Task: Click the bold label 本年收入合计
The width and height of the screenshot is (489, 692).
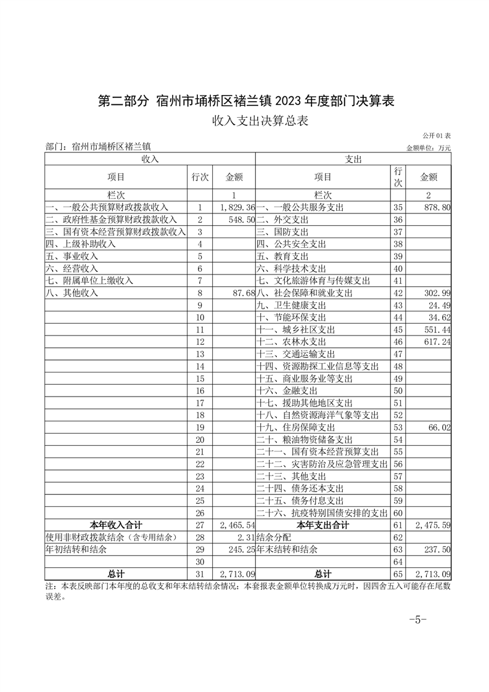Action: pyautogui.click(x=116, y=525)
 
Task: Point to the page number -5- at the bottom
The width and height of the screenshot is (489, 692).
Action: pyautogui.click(x=417, y=620)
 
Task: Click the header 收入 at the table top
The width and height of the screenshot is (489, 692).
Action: pyautogui.click(x=150, y=159)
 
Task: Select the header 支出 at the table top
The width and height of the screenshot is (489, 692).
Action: pyautogui.click(x=353, y=159)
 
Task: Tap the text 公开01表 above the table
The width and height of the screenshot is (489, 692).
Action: pyautogui.click(x=437, y=136)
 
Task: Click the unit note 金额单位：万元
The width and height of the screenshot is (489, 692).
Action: pyautogui.click(x=429, y=148)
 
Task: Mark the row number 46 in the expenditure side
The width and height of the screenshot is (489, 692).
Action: pyautogui.click(x=398, y=342)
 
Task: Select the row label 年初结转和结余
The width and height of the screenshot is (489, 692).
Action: pyautogui.click(x=76, y=549)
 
